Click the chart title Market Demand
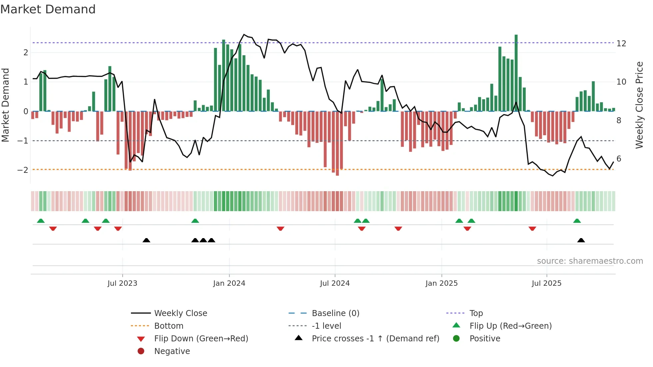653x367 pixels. (x=48, y=9)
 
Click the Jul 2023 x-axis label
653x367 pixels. (x=122, y=283)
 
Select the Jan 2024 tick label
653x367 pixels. (x=229, y=283)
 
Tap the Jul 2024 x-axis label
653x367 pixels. (x=335, y=283)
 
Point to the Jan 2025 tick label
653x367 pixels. (x=441, y=283)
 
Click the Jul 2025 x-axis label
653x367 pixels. (x=546, y=283)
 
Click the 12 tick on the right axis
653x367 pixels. (x=621, y=44)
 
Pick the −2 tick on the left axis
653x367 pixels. (x=23, y=170)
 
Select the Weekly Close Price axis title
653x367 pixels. (x=639, y=105)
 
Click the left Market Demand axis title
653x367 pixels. (x=5, y=105)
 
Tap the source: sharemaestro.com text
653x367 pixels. (x=590, y=261)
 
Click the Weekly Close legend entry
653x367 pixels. (x=180, y=313)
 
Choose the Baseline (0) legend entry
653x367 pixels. (x=335, y=313)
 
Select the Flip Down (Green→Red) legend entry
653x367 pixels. (x=201, y=339)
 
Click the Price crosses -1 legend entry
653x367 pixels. (x=375, y=339)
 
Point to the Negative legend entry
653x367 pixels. (x=172, y=351)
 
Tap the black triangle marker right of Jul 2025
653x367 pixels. (x=581, y=240)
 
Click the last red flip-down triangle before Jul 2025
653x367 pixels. (x=532, y=228)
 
